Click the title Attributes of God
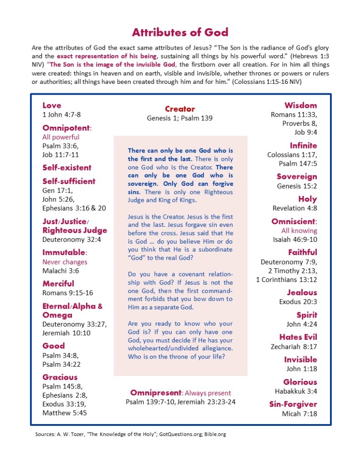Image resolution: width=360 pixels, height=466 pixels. pyautogui.click(x=180, y=32)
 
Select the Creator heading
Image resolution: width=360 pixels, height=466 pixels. pyautogui.click(x=180, y=109)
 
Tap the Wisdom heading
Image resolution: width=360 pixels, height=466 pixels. pyautogui.click(x=301, y=105)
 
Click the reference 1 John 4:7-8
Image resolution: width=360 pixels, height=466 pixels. pyautogui.click(x=61, y=115)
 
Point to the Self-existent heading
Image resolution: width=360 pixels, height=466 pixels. pyautogui.click(x=67, y=167)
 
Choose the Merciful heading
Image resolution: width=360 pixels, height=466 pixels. pyautogui.click(x=58, y=283)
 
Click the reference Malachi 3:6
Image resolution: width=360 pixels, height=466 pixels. pyautogui.click(x=61, y=271)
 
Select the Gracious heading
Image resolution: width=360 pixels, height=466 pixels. pyautogui.click(x=60, y=377)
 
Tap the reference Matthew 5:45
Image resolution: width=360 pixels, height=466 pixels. pyautogui.click(x=65, y=413)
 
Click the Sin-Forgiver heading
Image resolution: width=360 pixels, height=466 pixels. pyautogui.click(x=293, y=404)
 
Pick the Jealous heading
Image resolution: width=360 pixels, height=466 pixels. pyautogui.click(x=302, y=292)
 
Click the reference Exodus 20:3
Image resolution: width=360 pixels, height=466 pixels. pyautogui.click(x=298, y=302)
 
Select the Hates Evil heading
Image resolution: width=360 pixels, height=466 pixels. pyautogui.click(x=298, y=337)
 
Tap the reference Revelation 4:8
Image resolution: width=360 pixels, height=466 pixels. pyautogui.click(x=295, y=208)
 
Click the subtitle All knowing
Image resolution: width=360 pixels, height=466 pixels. pyautogui.click(x=299, y=230)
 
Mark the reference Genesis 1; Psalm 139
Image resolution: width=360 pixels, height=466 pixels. pyautogui.click(x=180, y=118)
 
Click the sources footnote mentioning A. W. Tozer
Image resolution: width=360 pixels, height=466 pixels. pyautogui.click(x=131, y=434)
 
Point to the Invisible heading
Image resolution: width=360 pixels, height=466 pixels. pyautogui.click(x=300, y=359)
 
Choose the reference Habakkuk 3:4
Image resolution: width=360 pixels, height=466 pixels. pyautogui.click(x=296, y=391)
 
